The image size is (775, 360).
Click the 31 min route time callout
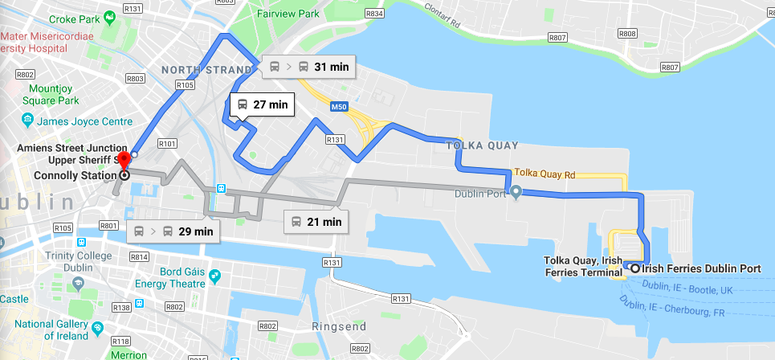(x=308, y=67)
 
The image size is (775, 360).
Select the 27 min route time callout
(x=262, y=104)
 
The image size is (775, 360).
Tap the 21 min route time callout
(x=316, y=221)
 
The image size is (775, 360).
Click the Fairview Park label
(x=288, y=14)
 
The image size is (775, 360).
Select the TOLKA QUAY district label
(x=482, y=145)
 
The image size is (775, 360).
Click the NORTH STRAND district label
(x=196, y=70)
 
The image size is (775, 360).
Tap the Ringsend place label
(x=339, y=326)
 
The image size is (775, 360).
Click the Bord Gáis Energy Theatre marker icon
(x=214, y=277)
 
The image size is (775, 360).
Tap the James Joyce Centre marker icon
(x=28, y=121)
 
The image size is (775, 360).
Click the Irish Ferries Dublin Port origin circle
(x=635, y=268)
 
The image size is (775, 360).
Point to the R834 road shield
(x=373, y=14)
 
